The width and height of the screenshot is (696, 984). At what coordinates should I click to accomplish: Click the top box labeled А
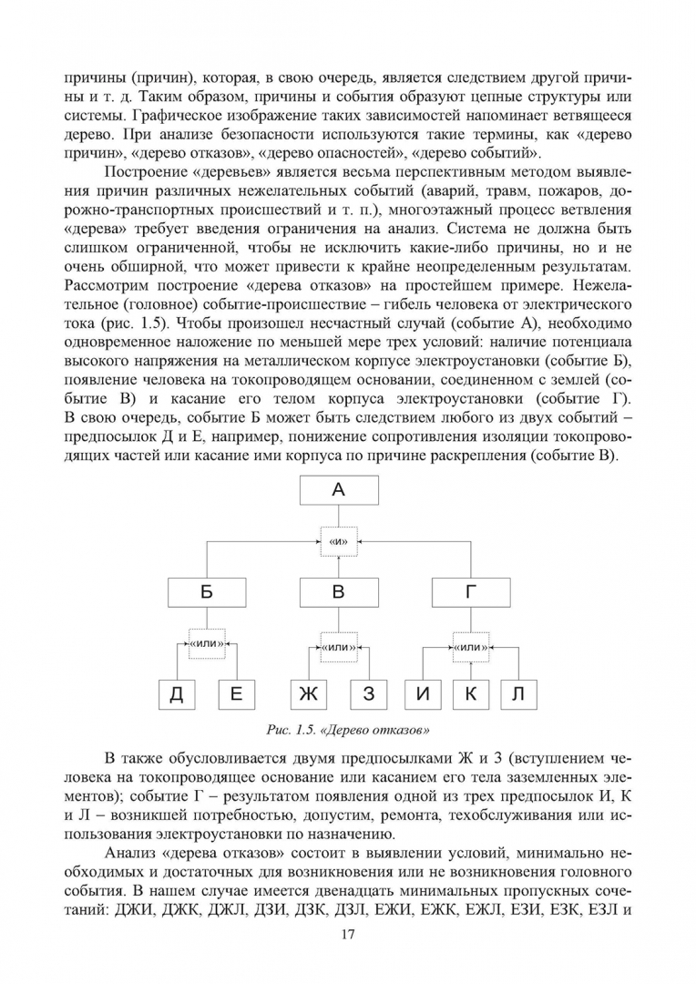338,490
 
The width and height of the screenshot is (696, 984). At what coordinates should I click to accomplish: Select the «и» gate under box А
338,542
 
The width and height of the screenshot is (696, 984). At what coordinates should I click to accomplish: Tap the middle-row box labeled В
338,592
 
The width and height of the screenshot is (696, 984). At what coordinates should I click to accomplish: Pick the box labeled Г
471,592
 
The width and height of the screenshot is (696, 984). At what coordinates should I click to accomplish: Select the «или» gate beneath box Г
471,647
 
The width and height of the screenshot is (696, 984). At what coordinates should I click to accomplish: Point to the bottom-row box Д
177,694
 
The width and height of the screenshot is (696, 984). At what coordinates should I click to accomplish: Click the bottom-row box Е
236,694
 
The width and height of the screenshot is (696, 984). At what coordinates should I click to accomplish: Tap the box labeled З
368,694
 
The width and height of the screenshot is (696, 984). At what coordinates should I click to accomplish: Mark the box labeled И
423,694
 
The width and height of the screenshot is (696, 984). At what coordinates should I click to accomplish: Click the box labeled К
471,694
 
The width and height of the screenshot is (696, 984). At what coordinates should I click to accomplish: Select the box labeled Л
518,694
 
